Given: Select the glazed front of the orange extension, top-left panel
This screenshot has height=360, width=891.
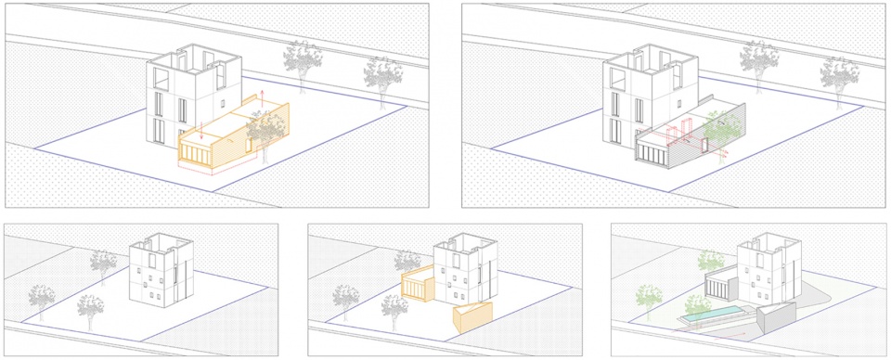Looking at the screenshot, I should [x=196, y=151].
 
